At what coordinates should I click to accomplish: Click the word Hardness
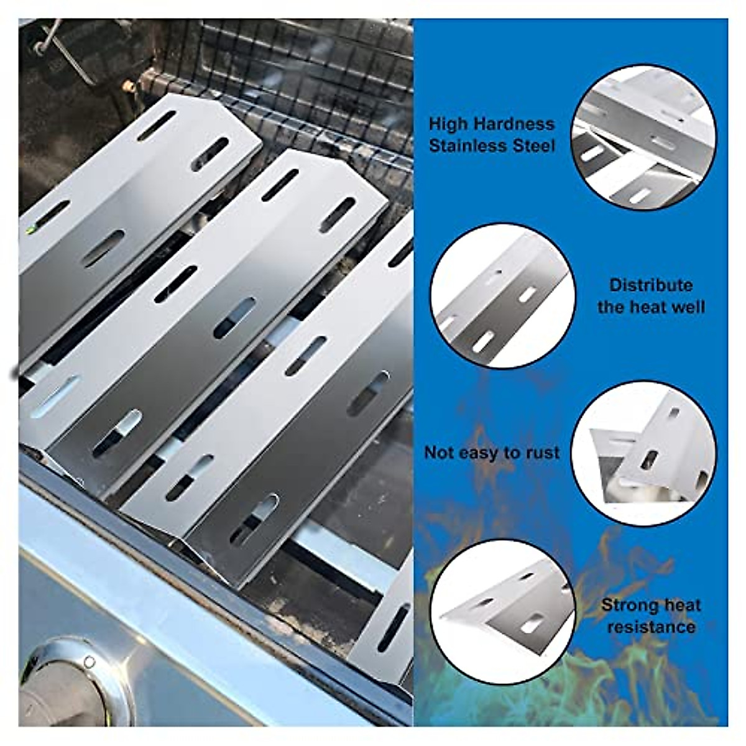pyautogui.click(x=514, y=124)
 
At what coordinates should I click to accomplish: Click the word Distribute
pyautogui.click(x=650, y=285)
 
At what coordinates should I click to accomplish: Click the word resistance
pyautogui.click(x=650, y=627)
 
